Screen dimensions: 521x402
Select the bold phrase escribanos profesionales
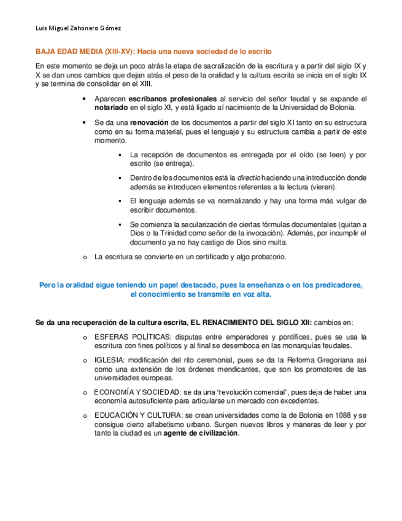click(172, 98)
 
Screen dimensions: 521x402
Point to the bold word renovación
click(149, 123)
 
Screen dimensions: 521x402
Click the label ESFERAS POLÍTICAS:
click(133, 337)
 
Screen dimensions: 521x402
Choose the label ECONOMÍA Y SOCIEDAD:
click(137, 392)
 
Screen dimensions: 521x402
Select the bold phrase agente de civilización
click(200, 433)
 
